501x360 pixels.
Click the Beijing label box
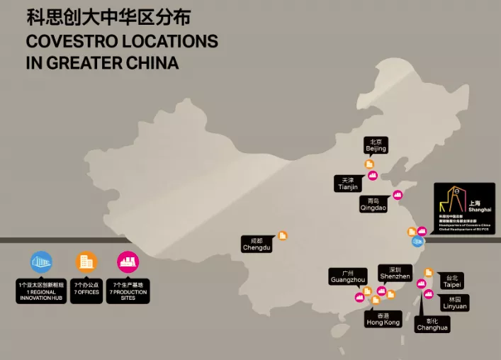coord(376,145)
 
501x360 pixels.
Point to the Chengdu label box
coord(257,244)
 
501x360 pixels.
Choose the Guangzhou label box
coord(347,276)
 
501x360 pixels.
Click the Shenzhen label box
coord(395,273)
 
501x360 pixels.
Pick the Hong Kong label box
coord(383,319)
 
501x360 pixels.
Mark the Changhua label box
coord(432,325)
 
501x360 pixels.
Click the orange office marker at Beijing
coord(369,164)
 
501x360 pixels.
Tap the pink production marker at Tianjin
coord(373,175)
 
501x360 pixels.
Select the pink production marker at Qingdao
coord(398,195)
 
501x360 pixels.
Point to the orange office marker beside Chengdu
coord(283,235)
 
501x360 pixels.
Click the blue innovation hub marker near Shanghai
coord(417,242)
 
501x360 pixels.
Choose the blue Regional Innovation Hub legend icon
coord(41,262)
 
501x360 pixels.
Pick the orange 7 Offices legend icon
coord(86,262)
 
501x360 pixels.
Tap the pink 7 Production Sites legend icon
coord(128,262)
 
